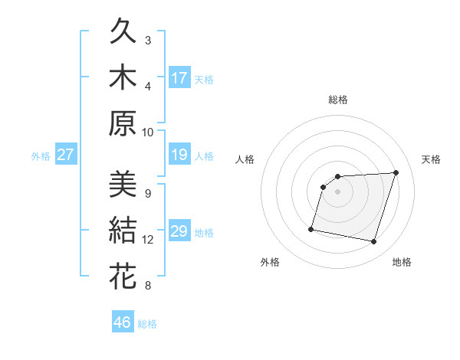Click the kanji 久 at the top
123,33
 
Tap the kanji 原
123,123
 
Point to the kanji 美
123,185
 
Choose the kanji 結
123,231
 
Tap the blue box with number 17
179,77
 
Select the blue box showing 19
179,155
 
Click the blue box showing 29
179,232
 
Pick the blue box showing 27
66,155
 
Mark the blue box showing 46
123,322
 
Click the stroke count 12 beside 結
148,240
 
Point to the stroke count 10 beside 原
148,132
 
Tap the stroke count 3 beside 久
148,40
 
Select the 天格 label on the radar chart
431,159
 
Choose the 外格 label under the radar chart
270,262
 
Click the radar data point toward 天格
396,172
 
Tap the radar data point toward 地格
373,242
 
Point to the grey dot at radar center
337,191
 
